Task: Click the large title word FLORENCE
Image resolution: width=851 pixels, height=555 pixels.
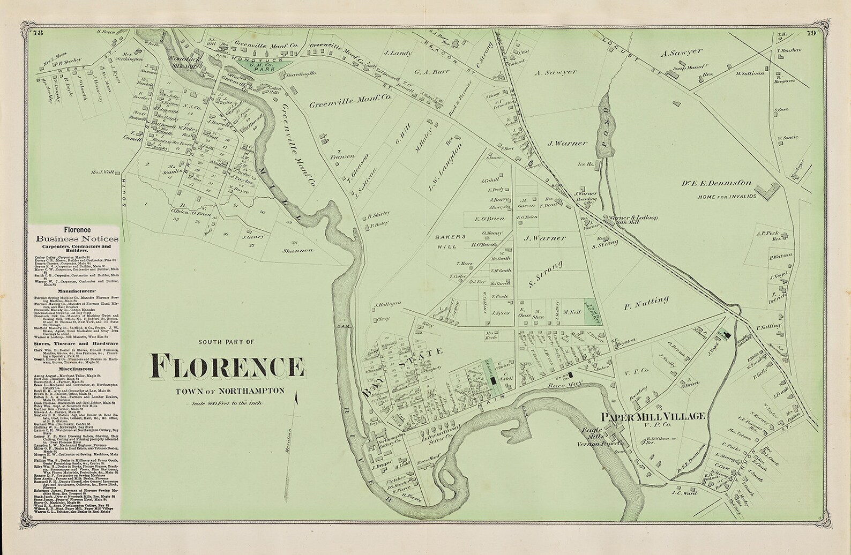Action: coord(227,366)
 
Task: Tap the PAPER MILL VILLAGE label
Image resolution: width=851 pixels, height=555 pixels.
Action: coord(651,417)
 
